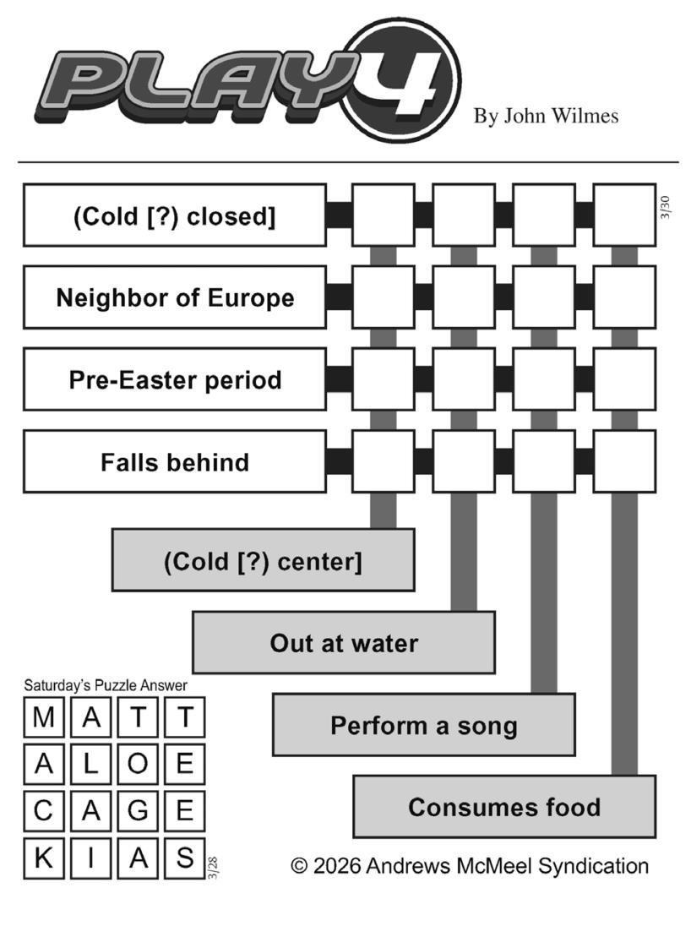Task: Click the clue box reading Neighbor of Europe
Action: tap(175, 297)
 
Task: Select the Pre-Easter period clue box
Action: tap(175, 379)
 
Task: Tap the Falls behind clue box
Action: tap(175, 461)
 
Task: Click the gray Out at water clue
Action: tap(344, 643)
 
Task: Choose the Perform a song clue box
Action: tap(423, 725)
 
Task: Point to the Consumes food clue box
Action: tap(504, 807)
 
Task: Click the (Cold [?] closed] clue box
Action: tap(175, 216)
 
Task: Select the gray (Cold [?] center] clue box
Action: tap(263, 561)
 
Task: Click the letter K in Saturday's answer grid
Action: tap(43, 858)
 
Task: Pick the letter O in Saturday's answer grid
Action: tap(138, 765)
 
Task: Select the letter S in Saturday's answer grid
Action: tap(184, 858)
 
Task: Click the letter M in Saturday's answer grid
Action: tap(43, 718)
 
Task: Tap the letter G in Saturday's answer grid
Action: tap(138, 812)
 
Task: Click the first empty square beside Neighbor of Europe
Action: tap(383, 297)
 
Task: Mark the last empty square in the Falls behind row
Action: tap(624, 461)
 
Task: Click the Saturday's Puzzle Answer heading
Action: tap(106, 685)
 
